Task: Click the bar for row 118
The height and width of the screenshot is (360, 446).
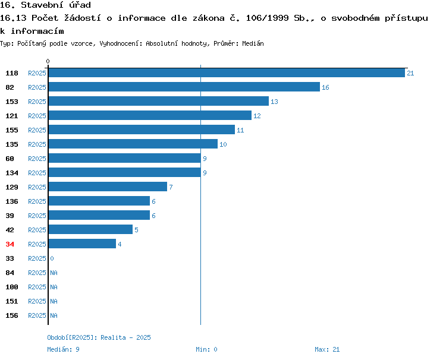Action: [x=227, y=72]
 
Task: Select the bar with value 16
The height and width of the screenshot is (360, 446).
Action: [x=184, y=87]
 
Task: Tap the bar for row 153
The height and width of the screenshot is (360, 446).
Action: [x=159, y=101]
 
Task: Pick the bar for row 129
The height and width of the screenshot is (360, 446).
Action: [x=108, y=187]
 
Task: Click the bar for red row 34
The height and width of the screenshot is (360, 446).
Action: [x=82, y=244]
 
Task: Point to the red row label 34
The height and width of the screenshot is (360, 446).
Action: [x=10, y=244]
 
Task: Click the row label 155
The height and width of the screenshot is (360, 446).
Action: [x=12, y=130]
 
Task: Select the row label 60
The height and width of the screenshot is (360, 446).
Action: [x=10, y=159]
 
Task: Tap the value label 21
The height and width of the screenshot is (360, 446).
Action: [x=410, y=73]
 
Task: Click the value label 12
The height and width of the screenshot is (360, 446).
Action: [x=257, y=116]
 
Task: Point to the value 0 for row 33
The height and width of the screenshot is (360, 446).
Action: [x=52, y=258]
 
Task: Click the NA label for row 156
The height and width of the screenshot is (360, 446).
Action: [x=54, y=315]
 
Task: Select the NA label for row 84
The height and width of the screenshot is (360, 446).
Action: [x=54, y=273]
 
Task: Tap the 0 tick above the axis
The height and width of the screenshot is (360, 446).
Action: [x=48, y=61]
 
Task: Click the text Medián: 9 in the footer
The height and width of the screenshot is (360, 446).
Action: [x=63, y=349]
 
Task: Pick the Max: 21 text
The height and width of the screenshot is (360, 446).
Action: [x=327, y=349]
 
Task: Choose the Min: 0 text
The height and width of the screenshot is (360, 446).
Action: [x=206, y=349]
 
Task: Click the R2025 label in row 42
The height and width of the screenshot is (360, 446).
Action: [x=37, y=230]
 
